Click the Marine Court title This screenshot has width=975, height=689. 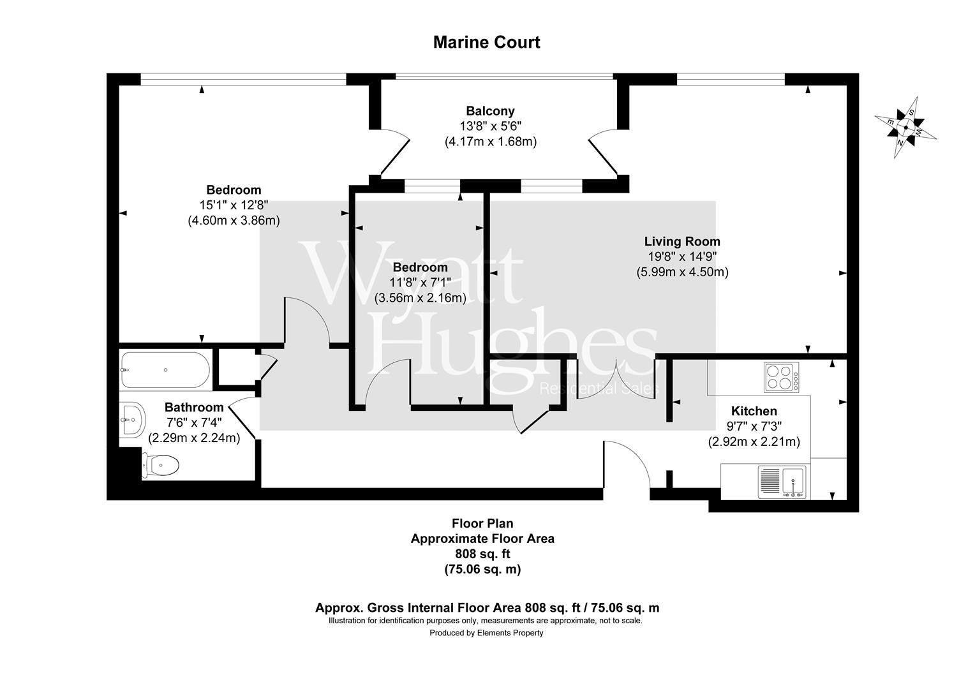click(x=486, y=42)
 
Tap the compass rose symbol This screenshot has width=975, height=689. click(x=905, y=128)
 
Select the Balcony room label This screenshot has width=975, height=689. click(x=490, y=111)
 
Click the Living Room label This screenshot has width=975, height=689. click(x=682, y=241)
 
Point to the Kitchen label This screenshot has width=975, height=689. click(x=754, y=411)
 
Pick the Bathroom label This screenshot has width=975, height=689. click(x=194, y=407)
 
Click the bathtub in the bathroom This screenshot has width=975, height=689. click(x=165, y=370)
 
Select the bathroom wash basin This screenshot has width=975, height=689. click(x=132, y=420)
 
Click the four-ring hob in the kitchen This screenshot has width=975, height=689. click(x=782, y=376)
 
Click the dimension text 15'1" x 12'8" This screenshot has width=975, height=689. click(x=234, y=205)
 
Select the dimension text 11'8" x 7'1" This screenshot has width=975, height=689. click(x=420, y=282)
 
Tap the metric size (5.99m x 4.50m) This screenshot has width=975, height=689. click(x=682, y=272)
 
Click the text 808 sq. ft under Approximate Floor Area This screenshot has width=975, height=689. click(x=482, y=554)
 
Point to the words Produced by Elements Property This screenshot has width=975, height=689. click(x=486, y=633)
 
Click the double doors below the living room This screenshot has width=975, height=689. click(x=616, y=380)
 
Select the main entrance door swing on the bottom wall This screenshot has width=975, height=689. click(x=627, y=464)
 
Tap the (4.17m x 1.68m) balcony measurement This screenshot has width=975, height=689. click(x=490, y=142)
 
